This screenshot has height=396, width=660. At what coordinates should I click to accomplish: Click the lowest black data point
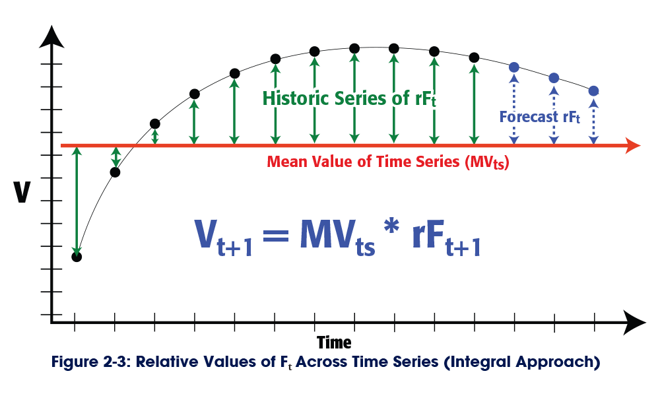click(x=77, y=257)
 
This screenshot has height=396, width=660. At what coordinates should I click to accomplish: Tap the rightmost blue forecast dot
click(x=593, y=90)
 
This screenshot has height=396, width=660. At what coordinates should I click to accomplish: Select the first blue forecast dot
click(x=514, y=67)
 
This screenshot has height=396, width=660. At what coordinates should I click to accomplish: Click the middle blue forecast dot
click(x=554, y=78)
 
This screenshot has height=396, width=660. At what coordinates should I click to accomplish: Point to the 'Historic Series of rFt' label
click(x=350, y=98)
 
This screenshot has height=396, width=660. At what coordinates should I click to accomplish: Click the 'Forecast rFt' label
click(x=539, y=117)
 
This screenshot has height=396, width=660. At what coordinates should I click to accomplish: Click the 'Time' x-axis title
click(x=334, y=343)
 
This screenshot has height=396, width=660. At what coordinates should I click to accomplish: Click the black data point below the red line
click(x=115, y=172)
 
